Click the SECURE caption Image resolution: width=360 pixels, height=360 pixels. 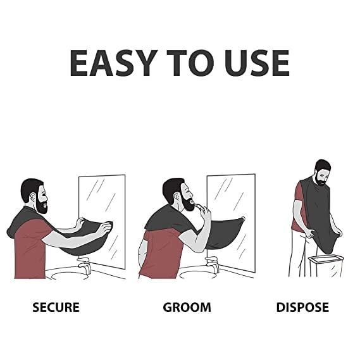click(56, 308)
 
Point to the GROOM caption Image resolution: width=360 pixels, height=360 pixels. click(187, 308)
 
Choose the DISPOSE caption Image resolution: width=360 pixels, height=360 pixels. click(302, 308)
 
